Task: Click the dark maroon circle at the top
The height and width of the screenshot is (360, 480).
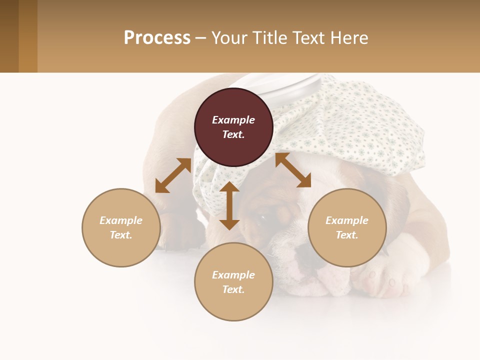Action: point(233,127)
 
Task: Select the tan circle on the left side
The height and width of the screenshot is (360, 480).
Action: point(121,227)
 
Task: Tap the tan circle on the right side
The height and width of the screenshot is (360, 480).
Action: point(347,227)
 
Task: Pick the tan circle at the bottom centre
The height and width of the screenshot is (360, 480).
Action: point(233,282)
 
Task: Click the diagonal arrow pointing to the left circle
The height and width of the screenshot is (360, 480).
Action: point(173,175)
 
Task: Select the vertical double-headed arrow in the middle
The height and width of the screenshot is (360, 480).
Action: point(229,205)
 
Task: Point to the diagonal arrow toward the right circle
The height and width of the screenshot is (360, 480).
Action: point(293,170)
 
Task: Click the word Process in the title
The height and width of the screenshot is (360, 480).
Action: point(157,38)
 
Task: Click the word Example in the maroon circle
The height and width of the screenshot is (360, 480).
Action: point(233,120)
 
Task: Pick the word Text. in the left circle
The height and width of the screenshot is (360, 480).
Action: point(121,235)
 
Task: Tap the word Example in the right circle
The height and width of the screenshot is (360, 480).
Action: point(347,220)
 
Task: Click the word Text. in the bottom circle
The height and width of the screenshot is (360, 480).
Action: point(233,289)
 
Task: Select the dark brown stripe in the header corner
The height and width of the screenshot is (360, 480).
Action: point(9,36)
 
